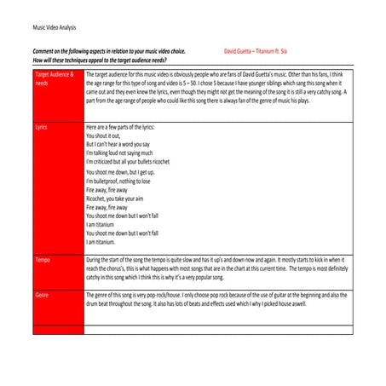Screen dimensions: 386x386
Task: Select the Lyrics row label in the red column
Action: coord(43,125)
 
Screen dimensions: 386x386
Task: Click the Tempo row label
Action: coord(43,259)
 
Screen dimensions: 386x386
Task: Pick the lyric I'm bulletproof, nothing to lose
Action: coord(128,181)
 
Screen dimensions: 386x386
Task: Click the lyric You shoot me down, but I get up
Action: coord(128,172)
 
